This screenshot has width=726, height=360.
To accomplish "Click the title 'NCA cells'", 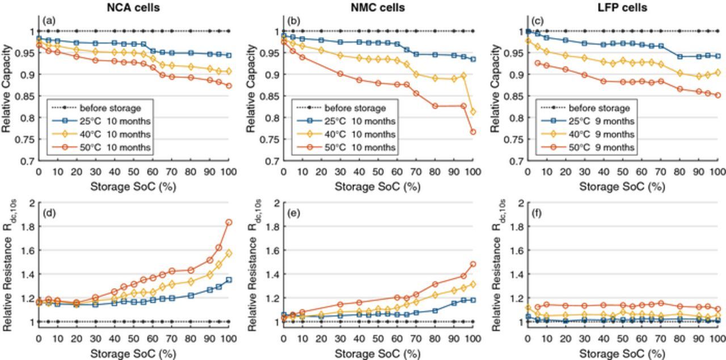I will [x=133, y=8].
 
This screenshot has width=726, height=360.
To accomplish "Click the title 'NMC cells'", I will [x=378, y=8].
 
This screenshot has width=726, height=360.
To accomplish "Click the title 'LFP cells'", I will [x=622, y=8].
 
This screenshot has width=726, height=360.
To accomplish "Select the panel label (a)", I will [x=49, y=21].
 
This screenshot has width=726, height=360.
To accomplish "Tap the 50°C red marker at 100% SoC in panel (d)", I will [x=229, y=222].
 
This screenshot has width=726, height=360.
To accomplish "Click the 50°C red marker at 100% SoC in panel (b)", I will [x=474, y=132].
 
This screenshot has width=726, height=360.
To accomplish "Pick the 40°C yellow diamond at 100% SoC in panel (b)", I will [x=474, y=112].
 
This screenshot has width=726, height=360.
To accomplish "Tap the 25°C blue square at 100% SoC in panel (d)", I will [x=229, y=279].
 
